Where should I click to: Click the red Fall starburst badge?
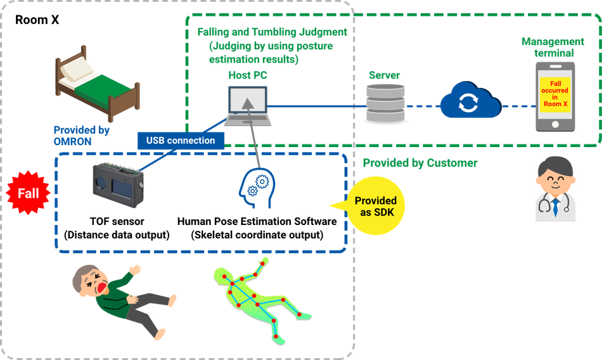coord(27,193)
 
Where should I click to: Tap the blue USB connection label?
coord(181,140)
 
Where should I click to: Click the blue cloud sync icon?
coord(468,102)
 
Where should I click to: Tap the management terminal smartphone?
coord(555,96)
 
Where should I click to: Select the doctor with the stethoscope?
coord(554,190)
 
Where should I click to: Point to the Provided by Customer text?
coord(419,164)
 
